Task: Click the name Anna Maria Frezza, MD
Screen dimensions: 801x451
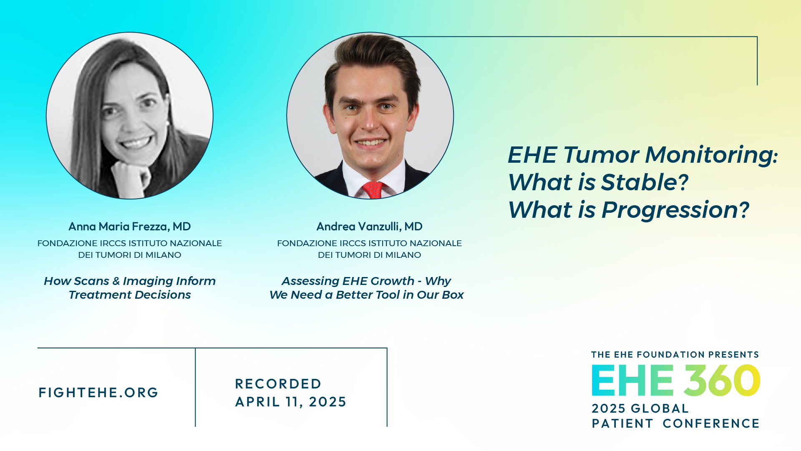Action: tap(129, 227)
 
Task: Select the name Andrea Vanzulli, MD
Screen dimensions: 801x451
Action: tap(369, 227)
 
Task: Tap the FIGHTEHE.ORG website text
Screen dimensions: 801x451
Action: tap(98, 393)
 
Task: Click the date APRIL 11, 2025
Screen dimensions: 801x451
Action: tap(291, 402)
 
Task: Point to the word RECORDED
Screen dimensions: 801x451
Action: tap(278, 384)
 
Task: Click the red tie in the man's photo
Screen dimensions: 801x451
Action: tap(373, 190)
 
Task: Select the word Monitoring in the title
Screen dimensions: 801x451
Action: tap(711, 155)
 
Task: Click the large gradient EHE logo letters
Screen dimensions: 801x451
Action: tap(632, 380)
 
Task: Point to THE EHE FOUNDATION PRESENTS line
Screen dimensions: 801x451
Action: tap(675, 355)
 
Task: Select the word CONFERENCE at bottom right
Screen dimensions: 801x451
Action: tap(711, 423)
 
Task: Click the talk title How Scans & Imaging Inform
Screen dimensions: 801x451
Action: tap(130, 281)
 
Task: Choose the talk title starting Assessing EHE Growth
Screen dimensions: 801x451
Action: tap(366, 288)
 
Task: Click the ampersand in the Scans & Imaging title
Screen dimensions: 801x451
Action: tap(116, 281)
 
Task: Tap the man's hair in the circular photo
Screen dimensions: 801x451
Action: tap(371, 63)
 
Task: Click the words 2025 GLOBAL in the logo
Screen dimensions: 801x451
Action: tap(640, 408)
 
